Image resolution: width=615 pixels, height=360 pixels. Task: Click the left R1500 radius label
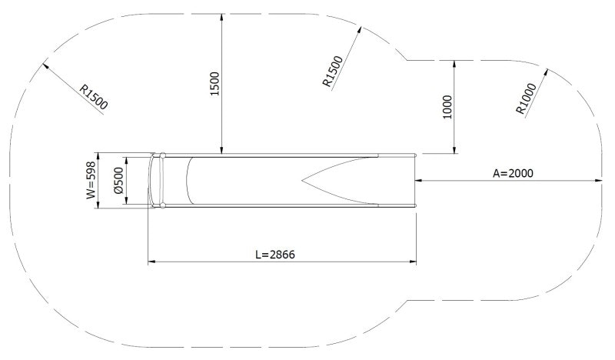pyautogui.click(x=93, y=95)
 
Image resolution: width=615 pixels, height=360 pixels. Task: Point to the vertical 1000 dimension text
pyautogui.click(x=448, y=107)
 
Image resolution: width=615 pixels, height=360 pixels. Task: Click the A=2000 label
pyautogui.click(x=513, y=173)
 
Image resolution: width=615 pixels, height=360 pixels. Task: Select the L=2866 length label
pyautogui.click(x=281, y=255)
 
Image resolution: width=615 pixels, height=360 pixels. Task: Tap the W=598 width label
pyautogui.click(x=91, y=180)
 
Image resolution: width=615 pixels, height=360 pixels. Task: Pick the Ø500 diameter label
pyautogui.click(x=118, y=180)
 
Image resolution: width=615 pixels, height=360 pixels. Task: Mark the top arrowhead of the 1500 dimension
pyautogui.click(x=222, y=16)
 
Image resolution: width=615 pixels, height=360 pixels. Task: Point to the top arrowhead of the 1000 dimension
pyautogui.click(x=455, y=62)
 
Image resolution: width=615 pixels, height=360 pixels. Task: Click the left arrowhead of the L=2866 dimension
pyautogui.click(x=151, y=262)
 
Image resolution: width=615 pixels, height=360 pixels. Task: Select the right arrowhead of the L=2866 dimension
pyautogui.click(x=413, y=262)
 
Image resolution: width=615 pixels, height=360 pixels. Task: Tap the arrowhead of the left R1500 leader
pyautogui.click(x=47, y=66)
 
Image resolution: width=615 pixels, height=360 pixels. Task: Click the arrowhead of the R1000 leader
pyautogui.click(x=549, y=72)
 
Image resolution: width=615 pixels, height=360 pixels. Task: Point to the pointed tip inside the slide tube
pyautogui.click(x=304, y=182)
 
